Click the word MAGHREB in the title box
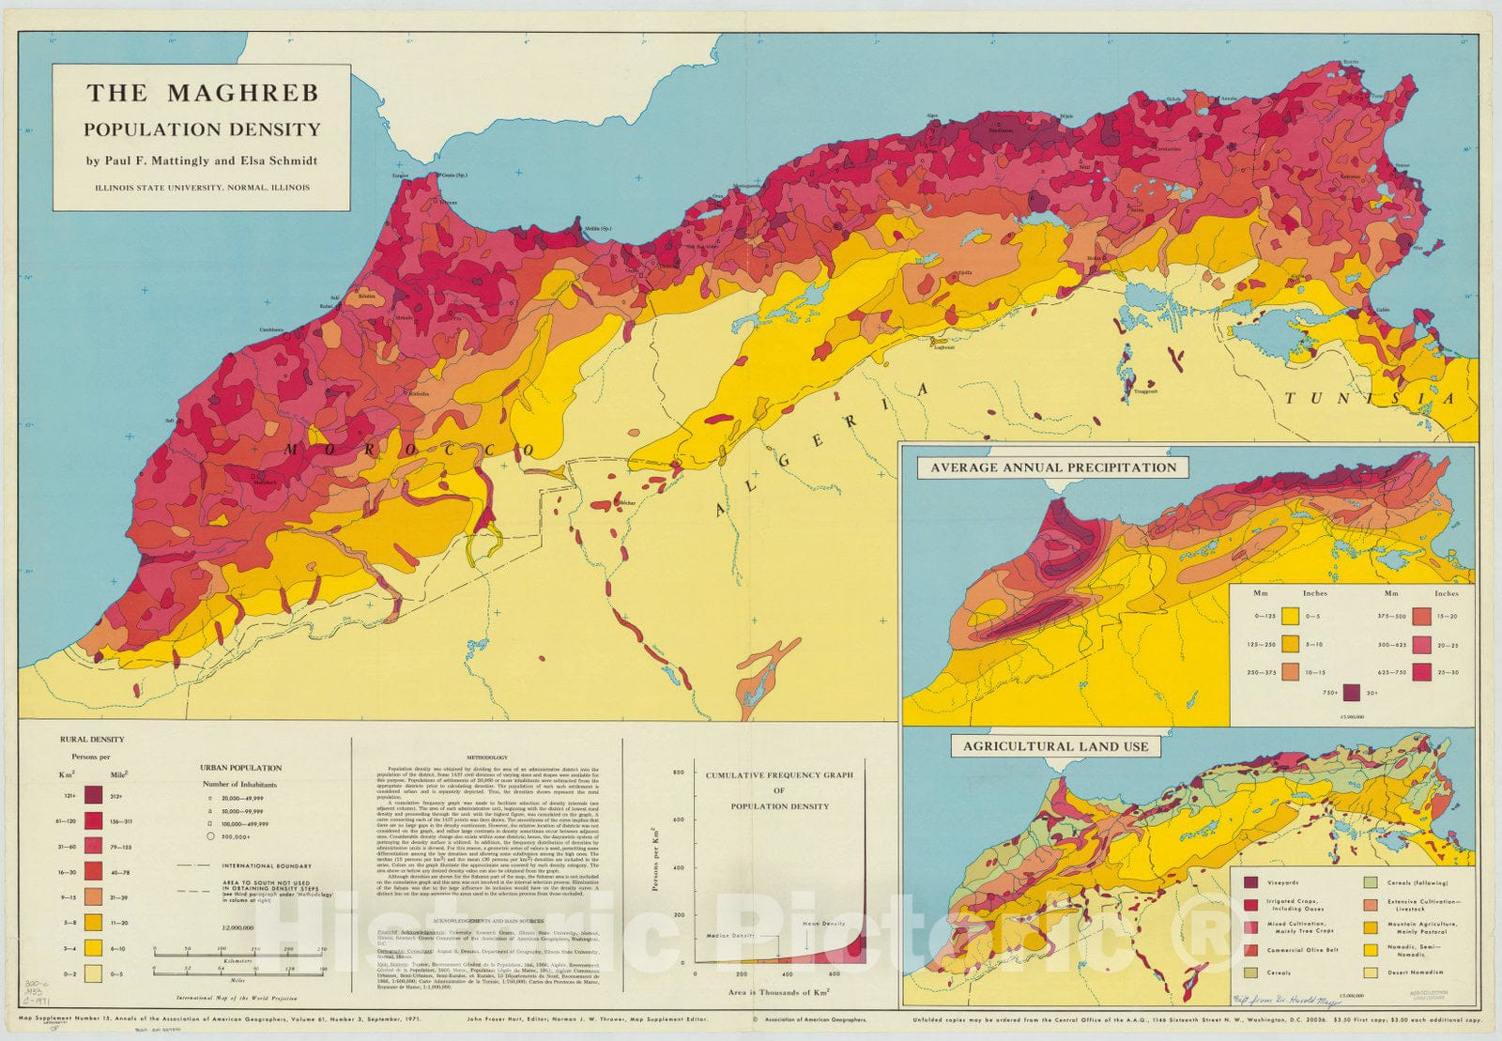pos(244,93)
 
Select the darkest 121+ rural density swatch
pos(93,795)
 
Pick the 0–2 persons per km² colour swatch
pos(93,973)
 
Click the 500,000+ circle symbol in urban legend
pos(210,835)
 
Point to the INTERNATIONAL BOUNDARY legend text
pos(261,865)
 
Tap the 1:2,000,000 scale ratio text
pos(238,926)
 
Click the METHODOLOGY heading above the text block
pos(486,758)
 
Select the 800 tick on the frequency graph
pos(678,772)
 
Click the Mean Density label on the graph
pos(823,924)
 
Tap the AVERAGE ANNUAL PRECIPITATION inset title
pos(1052,467)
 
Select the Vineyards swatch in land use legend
pos(1250,882)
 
